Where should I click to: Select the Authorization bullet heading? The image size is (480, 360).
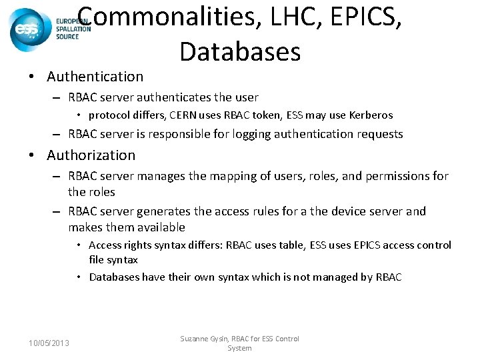click(91, 155)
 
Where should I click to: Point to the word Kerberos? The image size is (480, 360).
click(369, 115)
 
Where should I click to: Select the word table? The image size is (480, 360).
click(289, 245)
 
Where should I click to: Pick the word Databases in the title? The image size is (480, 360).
click(240, 51)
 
